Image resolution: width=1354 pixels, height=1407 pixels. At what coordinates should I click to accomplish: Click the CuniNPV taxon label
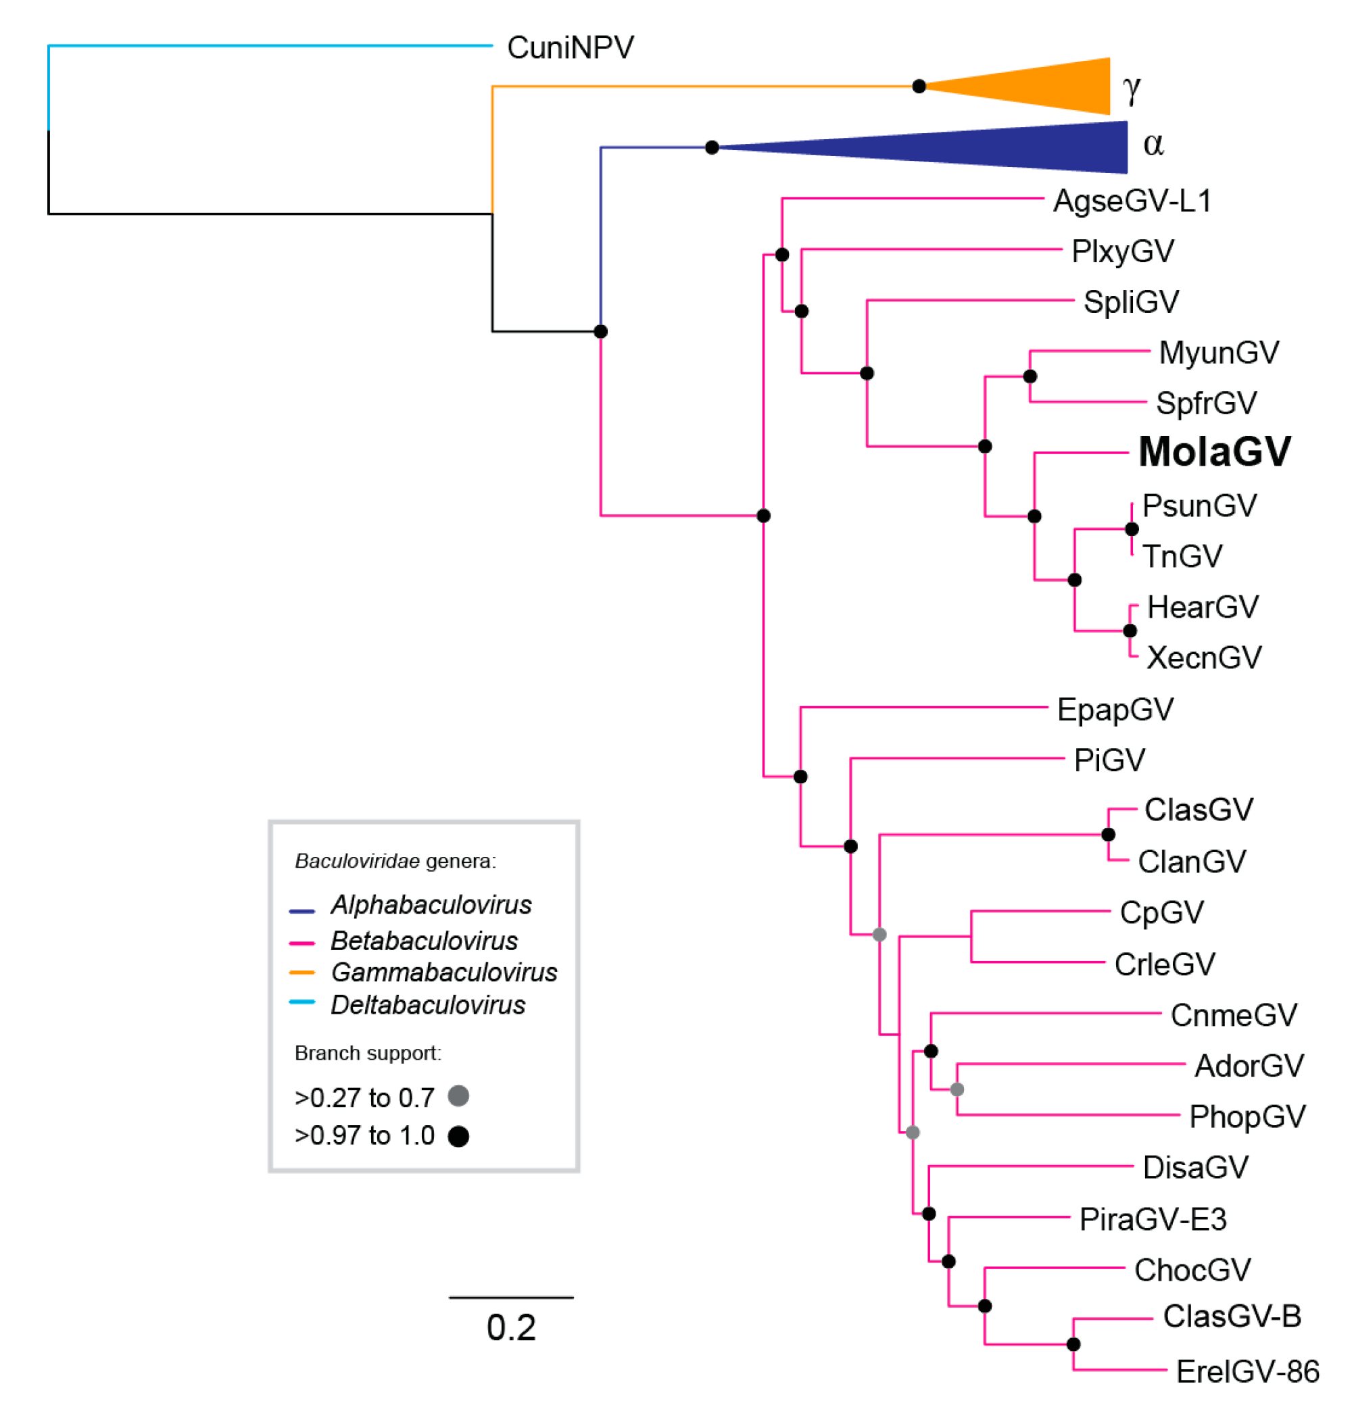570,48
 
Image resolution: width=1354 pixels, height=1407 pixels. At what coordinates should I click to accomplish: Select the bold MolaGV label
1214,451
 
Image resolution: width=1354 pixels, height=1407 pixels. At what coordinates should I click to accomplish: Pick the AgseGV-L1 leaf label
1132,200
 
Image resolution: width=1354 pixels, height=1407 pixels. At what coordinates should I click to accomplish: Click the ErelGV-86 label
1247,1372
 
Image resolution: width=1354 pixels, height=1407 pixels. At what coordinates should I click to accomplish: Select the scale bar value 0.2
510,1327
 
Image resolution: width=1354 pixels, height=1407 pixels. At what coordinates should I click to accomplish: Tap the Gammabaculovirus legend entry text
443,972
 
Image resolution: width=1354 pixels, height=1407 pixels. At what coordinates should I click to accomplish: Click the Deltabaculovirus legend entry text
428,1005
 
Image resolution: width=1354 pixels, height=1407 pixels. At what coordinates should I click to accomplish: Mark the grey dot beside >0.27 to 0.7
458,1096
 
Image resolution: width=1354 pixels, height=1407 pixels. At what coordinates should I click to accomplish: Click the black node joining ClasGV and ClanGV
1108,835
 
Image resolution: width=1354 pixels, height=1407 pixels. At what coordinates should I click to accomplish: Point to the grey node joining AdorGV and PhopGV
957,1089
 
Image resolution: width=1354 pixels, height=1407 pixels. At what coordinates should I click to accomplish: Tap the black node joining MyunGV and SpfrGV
1030,376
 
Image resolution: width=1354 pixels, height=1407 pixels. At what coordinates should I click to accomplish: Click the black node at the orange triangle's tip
918,86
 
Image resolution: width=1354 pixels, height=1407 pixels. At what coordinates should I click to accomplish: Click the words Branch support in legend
368,1053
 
